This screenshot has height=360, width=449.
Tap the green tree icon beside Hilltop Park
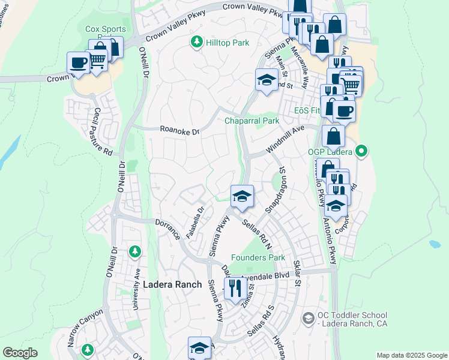tap(196, 42)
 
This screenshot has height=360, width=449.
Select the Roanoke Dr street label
tap(179, 129)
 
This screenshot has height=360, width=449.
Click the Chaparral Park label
tap(252, 121)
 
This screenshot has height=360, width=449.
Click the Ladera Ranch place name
tap(171, 284)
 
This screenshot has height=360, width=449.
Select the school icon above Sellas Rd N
tap(242, 196)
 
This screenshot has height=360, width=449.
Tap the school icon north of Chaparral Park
tap(266, 79)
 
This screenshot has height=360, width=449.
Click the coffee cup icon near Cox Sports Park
tap(79, 62)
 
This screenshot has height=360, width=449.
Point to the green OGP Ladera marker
tap(361, 151)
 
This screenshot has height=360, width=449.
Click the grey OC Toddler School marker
tap(309, 317)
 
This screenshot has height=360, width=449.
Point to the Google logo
tap(20, 353)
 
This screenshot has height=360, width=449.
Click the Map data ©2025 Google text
tap(411, 355)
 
